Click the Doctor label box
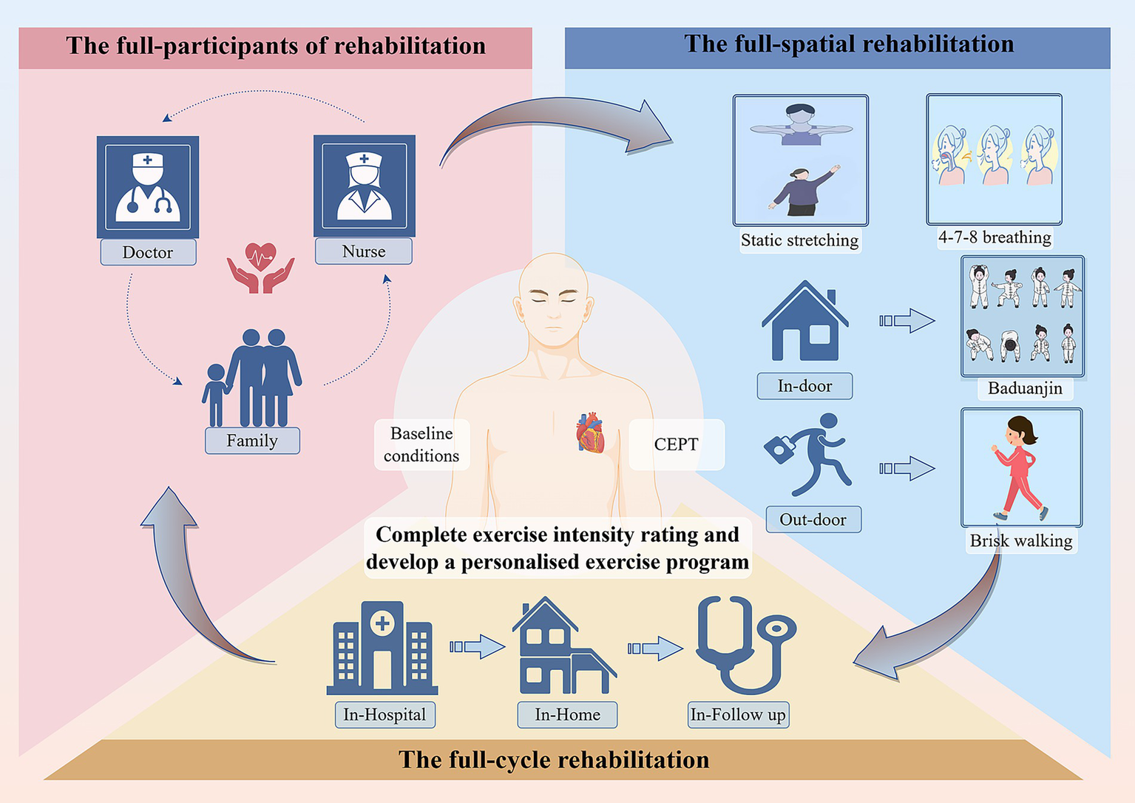click(x=148, y=252)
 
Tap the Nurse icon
click(x=365, y=186)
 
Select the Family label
click(x=252, y=441)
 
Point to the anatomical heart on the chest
click(x=590, y=433)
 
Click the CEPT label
click(x=676, y=444)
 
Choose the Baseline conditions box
click(x=421, y=444)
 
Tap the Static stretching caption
click(x=799, y=240)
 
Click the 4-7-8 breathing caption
click(x=995, y=237)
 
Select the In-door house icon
click(x=804, y=322)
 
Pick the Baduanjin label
click(x=1025, y=388)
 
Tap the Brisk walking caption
click(x=1020, y=541)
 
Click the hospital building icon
click(x=382, y=648)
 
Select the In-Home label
click(x=567, y=715)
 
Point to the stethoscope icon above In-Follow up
click(x=743, y=645)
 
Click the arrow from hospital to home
click(x=478, y=647)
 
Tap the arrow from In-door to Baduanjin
click(x=907, y=321)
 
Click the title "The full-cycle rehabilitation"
click(x=554, y=759)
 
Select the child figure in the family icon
click(x=216, y=394)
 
